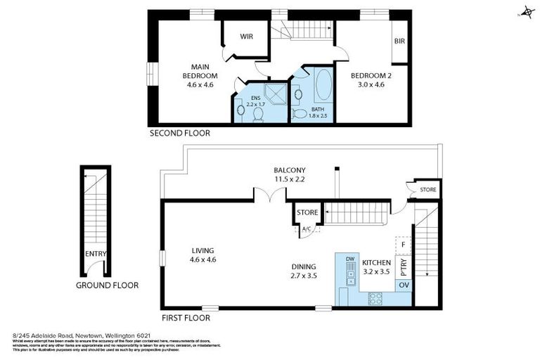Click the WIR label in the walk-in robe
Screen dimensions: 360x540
pyautogui.click(x=246, y=37)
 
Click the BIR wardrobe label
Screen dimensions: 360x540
pyautogui.click(x=400, y=41)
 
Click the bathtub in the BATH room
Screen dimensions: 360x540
pyautogui.click(x=324, y=86)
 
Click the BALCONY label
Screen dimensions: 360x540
pyautogui.click(x=290, y=170)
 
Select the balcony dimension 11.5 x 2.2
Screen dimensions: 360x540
pyautogui.click(x=290, y=180)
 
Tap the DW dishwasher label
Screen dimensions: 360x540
pyautogui.click(x=349, y=259)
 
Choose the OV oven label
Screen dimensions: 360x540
pyautogui.click(x=404, y=285)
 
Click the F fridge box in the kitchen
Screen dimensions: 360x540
pyautogui.click(x=402, y=245)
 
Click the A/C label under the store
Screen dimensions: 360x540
pyautogui.click(x=307, y=229)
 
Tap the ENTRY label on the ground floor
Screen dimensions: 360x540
pyautogui.click(x=95, y=255)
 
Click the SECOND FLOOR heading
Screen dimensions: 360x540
pyautogui.click(x=179, y=132)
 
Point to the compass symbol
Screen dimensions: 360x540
pyautogui.click(x=525, y=13)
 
